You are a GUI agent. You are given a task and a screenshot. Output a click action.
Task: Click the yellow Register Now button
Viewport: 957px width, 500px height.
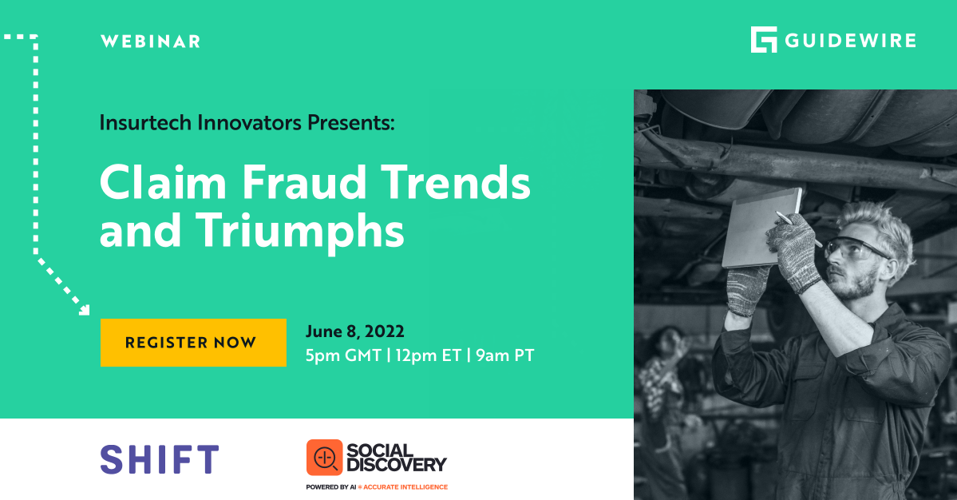pos(192,343)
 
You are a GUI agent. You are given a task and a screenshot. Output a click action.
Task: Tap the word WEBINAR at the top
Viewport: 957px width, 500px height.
pos(150,42)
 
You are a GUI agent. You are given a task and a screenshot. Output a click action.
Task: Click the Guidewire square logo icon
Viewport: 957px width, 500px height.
pos(763,40)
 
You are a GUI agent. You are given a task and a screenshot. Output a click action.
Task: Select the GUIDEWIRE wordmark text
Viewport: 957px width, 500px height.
pos(850,40)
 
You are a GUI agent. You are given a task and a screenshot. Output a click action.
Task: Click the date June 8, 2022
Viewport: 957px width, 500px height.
pos(354,331)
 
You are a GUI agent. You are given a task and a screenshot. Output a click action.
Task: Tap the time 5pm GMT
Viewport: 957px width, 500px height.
pos(342,355)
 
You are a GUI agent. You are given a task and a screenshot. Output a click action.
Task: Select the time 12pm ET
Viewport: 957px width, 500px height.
pos(429,355)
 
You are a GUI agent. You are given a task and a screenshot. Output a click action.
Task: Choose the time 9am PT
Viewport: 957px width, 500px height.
pos(505,355)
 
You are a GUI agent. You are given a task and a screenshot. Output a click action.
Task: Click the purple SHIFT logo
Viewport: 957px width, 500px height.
pos(160,459)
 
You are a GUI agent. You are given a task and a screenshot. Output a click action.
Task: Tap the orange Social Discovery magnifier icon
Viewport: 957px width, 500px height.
pos(324,458)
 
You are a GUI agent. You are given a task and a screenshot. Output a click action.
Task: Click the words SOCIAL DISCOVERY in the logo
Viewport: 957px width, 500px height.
pos(396,457)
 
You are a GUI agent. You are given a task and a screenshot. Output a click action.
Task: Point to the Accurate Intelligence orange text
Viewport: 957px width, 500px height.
pos(405,486)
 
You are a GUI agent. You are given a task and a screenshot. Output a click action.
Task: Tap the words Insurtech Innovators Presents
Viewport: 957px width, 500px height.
pos(247,123)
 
